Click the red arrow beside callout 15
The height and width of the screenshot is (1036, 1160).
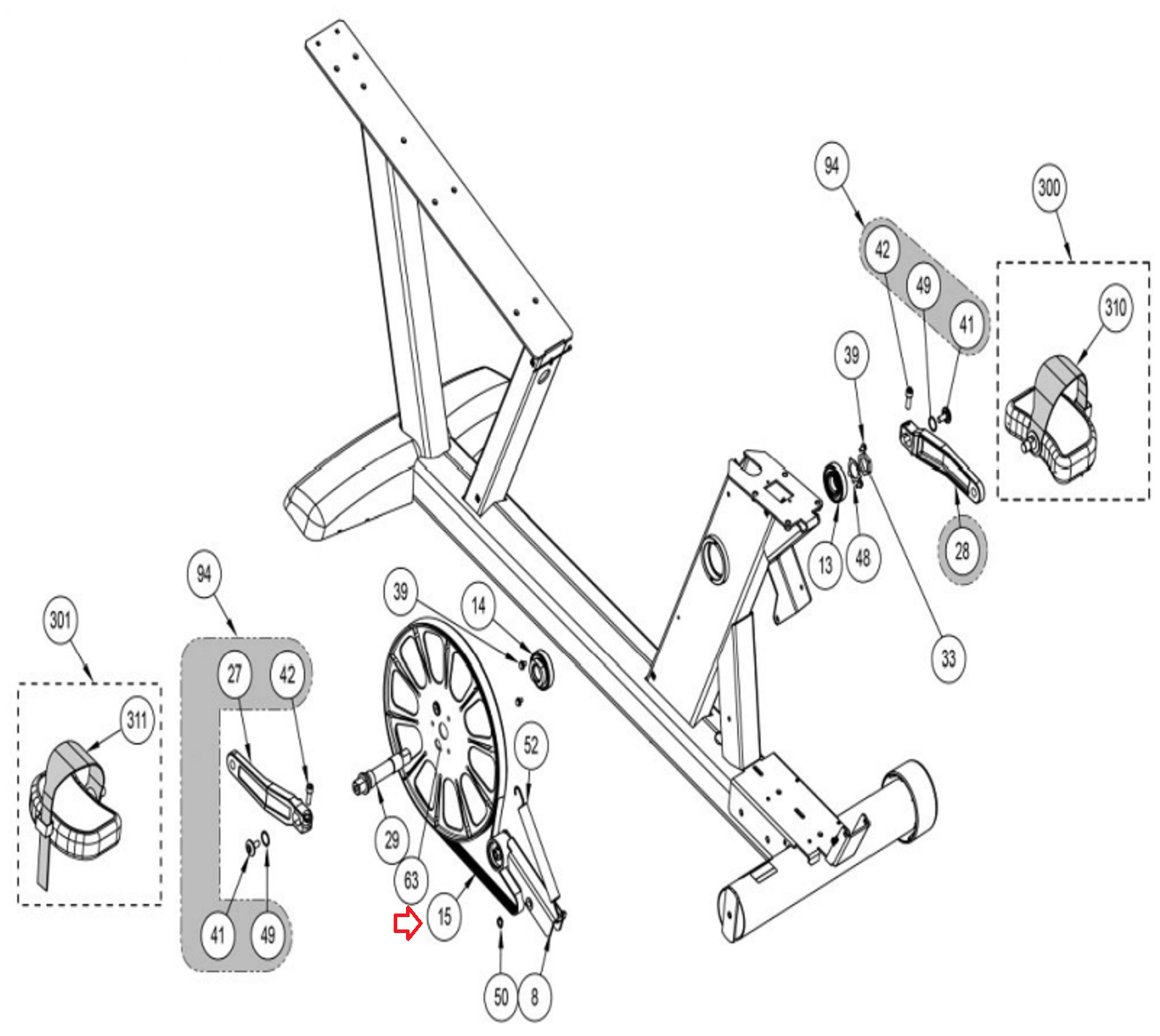click(407, 923)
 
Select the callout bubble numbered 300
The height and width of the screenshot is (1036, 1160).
click(1048, 188)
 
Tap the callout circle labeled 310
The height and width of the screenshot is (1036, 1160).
click(1115, 307)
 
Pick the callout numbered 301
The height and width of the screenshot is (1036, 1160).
click(60, 620)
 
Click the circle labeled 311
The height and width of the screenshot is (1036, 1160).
click(137, 720)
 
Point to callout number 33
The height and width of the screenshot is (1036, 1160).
click(948, 658)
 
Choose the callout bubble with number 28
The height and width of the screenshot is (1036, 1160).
click(962, 552)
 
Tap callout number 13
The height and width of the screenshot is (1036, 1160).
click(825, 565)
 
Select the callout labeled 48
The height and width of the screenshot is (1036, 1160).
click(862, 558)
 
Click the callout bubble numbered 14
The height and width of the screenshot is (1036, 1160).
click(478, 605)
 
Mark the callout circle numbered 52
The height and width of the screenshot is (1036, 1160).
click(531, 745)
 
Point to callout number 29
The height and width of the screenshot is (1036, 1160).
click(391, 840)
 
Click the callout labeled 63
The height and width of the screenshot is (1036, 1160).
click(411, 880)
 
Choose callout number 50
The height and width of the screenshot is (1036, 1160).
click(501, 997)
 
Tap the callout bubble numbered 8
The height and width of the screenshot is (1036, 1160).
click(534, 997)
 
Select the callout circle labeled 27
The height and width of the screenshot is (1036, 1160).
click(234, 674)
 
